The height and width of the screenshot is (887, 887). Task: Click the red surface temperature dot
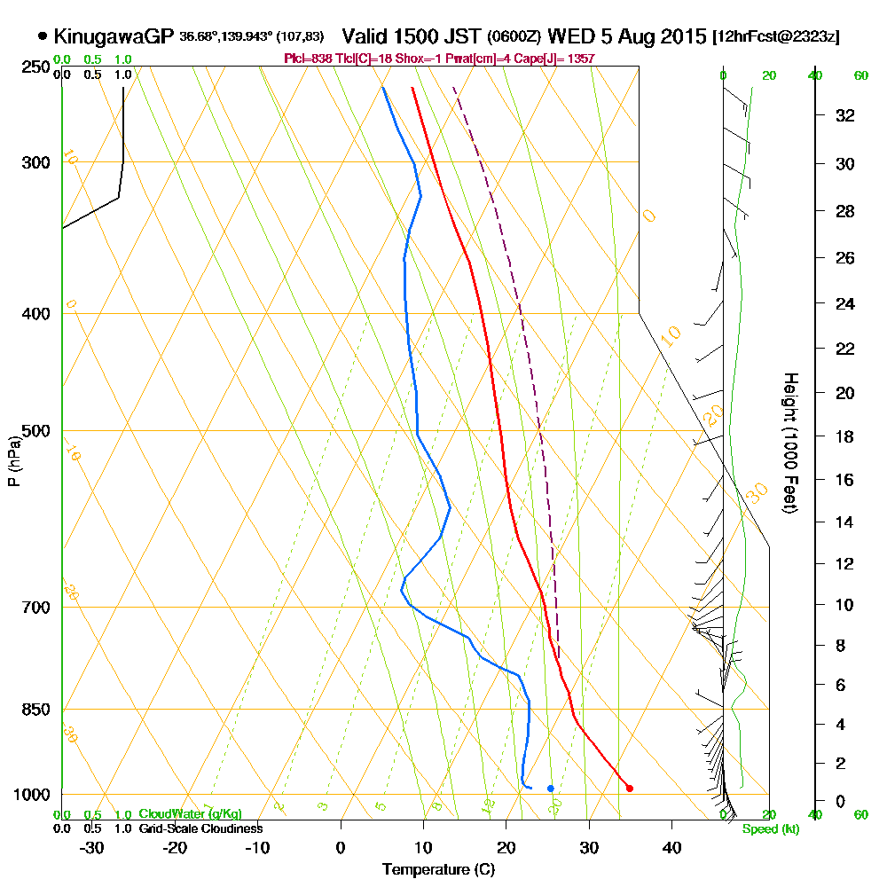pos(629,788)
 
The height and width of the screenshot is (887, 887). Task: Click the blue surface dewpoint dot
pos(551,788)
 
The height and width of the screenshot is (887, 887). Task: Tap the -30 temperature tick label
pos(92,847)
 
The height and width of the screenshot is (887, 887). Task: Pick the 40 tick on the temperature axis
pos(671,847)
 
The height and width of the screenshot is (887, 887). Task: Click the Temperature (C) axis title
pos(437,870)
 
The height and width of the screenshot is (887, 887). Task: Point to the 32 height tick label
pos(845,115)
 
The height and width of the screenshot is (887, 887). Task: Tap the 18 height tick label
pos(845,436)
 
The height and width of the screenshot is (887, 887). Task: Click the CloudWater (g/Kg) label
pos(190,814)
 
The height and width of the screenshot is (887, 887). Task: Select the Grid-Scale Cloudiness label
pos(200,828)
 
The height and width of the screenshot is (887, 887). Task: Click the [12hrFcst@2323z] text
pos(776,37)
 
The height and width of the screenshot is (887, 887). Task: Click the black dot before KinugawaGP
pos(43,36)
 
